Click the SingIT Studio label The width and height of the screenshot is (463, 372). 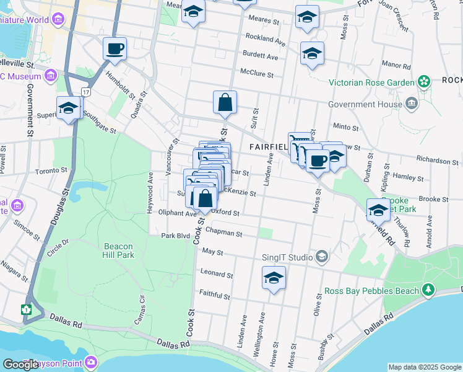287,257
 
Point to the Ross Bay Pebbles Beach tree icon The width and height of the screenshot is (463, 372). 427,290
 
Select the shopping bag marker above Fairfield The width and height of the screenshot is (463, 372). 225,102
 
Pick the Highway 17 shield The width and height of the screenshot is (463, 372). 85,92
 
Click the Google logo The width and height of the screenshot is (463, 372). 20,365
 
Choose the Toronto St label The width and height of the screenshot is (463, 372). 51,171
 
